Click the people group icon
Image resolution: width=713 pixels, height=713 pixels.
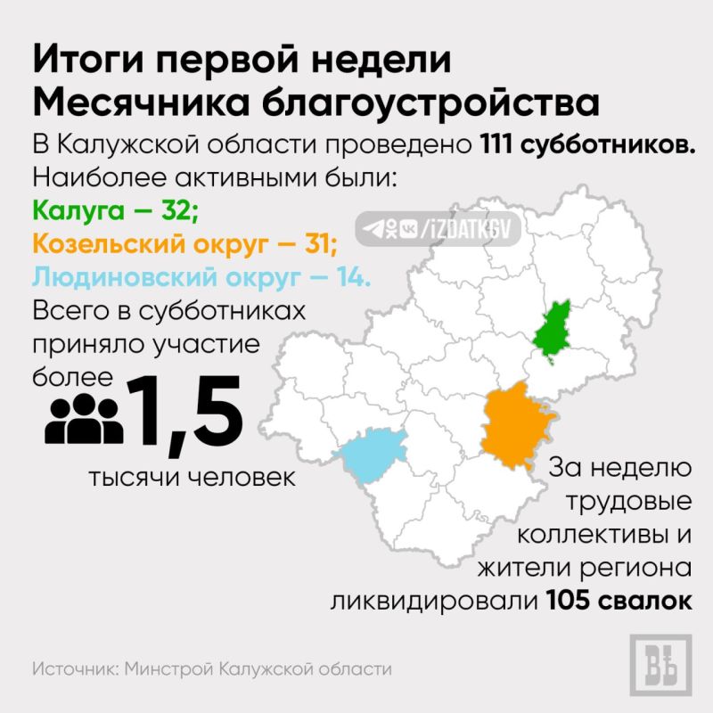[x=84, y=418]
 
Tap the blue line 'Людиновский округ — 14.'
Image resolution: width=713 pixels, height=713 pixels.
[x=201, y=276]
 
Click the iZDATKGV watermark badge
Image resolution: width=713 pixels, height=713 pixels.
[x=438, y=229]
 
